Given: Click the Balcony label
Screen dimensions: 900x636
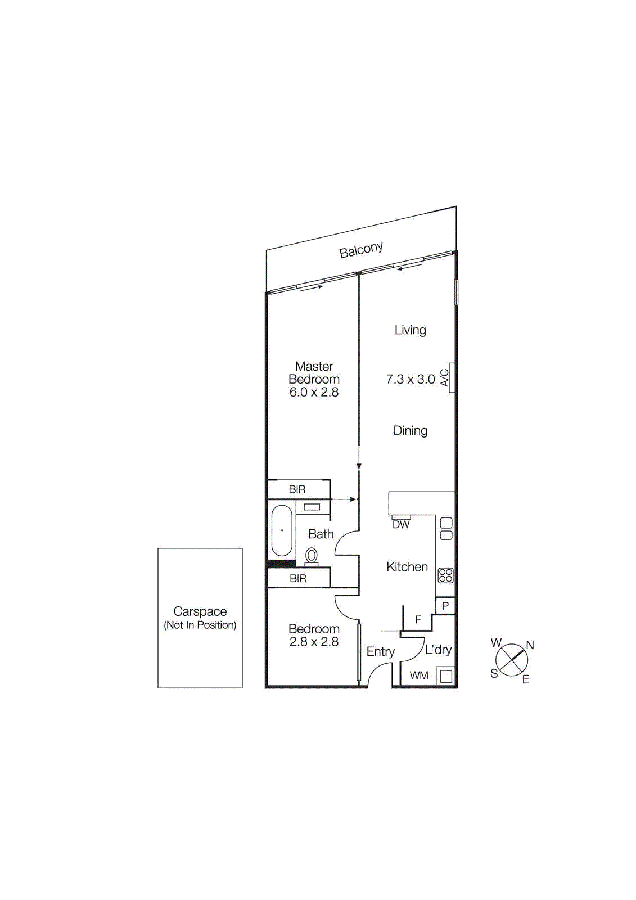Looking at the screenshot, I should pyautogui.click(x=361, y=250).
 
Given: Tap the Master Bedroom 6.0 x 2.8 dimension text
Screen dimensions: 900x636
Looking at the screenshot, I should pyautogui.click(x=314, y=393).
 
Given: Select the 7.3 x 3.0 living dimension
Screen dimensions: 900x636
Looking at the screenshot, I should pyautogui.click(x=410, y=380).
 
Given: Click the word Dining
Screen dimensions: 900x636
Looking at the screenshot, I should pyautogui.click(x=410, y=431).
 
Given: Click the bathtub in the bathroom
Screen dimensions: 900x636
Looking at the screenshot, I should pyautogui.click(x=282, y=530).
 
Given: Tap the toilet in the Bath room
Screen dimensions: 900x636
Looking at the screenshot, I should pyautogui.click(x=311, y=556).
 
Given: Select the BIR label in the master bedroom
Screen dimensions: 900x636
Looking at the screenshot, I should pyautogui.click(x=297, y=489).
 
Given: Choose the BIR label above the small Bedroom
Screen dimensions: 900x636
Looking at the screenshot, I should pyautogui.click(x=297, y=578).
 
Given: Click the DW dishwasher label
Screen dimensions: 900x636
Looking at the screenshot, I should pyautogui.click(x=401, y=524).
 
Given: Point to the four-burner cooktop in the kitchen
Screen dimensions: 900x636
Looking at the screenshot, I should pyautogui.click(x=445, y=575).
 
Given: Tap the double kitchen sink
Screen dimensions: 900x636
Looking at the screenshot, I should pyautogui.click(x=446, y=529).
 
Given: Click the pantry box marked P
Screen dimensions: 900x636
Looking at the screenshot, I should pyautogui.click(x=445, y=606).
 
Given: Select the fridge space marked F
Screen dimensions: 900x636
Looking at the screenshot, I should pyautogui.click(x=418, y=620).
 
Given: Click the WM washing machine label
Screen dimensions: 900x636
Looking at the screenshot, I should pyautogui.click(x=419, y=676).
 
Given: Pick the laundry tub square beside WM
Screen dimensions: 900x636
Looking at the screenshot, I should pyautogui.click(x=445, y=676).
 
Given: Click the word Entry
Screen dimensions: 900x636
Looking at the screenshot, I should pyautogui.click(x=381, y=651).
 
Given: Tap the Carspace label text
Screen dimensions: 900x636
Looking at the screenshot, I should pyautogui.click(x=200, y=611).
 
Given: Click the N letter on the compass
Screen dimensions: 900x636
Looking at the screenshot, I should pyautogui.click(x=529, y=645).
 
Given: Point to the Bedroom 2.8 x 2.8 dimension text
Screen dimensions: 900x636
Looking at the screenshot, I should pyautogui.click(x=314, y=642).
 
